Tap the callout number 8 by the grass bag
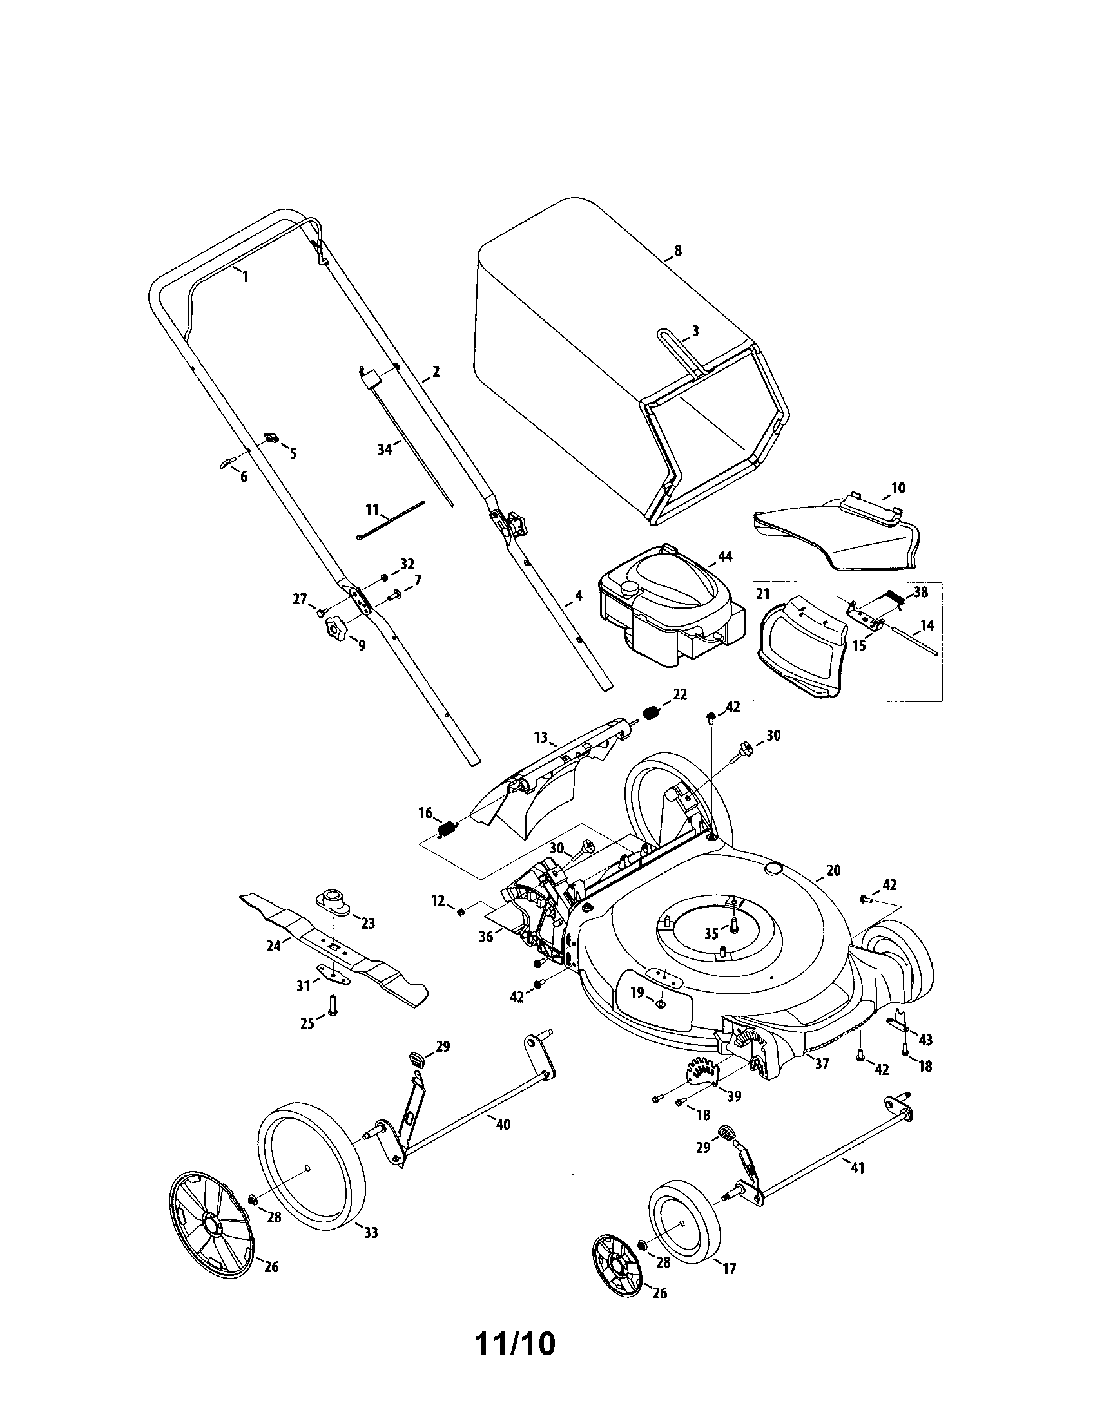pyautogui.click(x=679, y=251)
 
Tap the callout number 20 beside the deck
pyautogui.click(x=833, y=870)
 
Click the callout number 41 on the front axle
pyautogui.click(x=857, y=1168)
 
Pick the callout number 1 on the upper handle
pyautogui.click(x=245, y=276)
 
